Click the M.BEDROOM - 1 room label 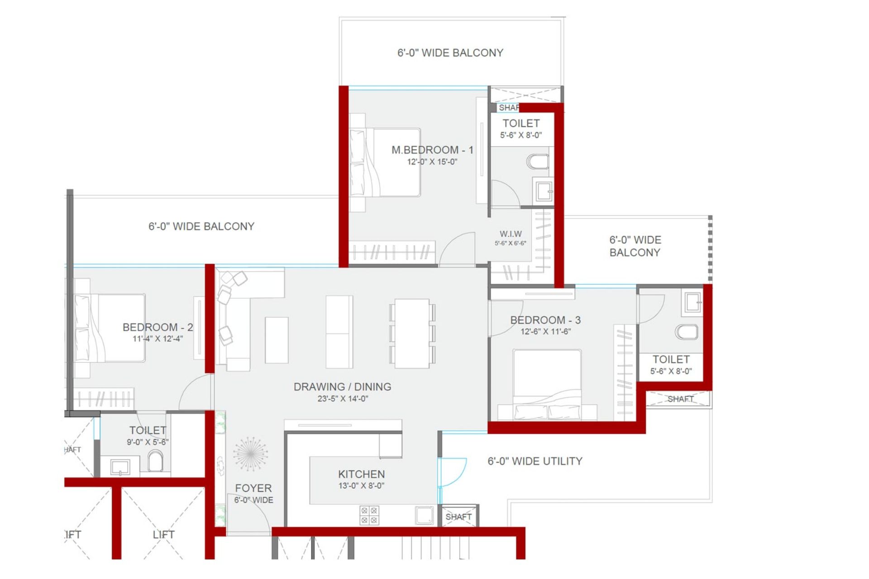coord(432,150)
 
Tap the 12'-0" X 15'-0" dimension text coord(432,162)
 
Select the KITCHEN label coord(361,474)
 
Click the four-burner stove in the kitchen coord(369,516)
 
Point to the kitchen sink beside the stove coord(425,515)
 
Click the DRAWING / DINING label coord(342,387)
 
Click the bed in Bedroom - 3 coord(547,384)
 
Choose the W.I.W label coord(511,234)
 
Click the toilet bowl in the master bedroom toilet coord(538,161)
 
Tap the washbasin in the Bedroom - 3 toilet coord(692,302)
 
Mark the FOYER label coord(253,488)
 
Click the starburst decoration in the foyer coord(250,454)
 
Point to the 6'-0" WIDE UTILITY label coord(535,461)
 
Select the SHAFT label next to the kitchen coord(458,517)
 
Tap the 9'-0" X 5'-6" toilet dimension coord(148,442)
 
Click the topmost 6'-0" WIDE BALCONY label coord(450,53)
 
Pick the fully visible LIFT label coord(163,534)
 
